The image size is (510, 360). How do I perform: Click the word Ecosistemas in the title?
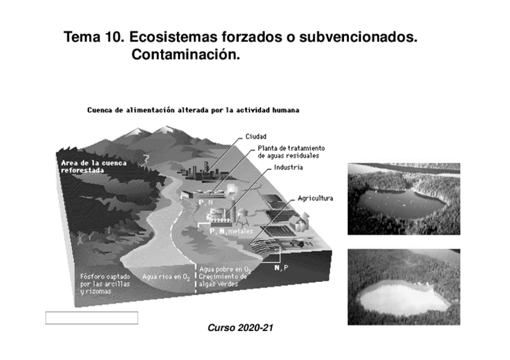[x=168, y=37]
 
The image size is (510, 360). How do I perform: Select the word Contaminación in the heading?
[x=185, y=55]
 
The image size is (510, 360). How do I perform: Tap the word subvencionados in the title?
[x=364, y=37]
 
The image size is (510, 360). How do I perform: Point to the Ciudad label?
[x=256, y=136]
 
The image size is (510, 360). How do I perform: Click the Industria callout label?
[x=289, y=167]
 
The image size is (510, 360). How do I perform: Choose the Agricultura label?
[x=315, y=198]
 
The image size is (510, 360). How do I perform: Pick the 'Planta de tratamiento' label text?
[x=291, y=148]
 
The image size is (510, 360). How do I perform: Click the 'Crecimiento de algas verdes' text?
[x=223, y=280]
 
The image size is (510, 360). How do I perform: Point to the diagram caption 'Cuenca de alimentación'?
[x=192, y=111]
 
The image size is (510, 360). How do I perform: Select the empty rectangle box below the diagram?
[x=91, y=318]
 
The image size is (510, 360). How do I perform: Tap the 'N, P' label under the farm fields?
[x=280, y=267]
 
